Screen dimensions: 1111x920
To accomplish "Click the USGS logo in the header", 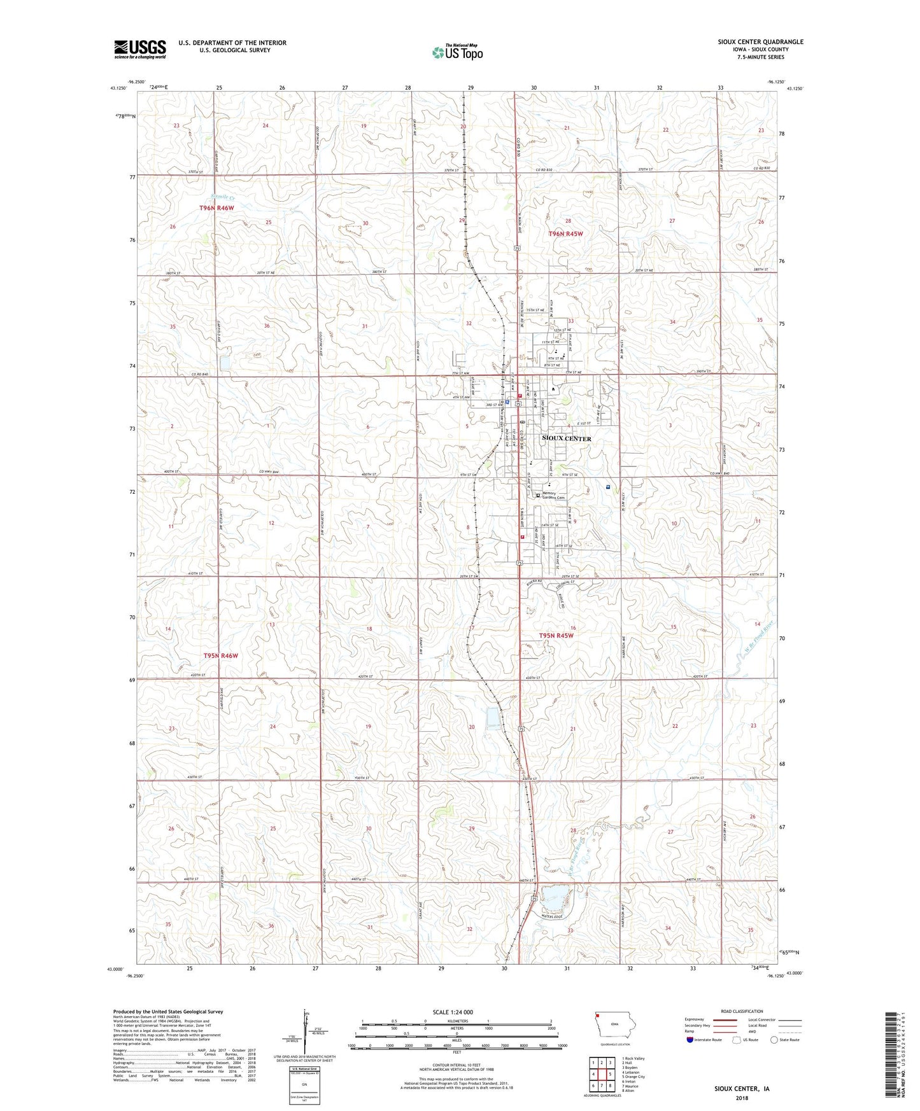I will click(140, 49).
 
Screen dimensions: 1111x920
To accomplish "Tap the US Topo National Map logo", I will click(458, 52).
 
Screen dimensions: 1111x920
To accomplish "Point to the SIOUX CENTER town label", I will click(566, 438).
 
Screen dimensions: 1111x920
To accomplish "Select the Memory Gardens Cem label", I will click(553, 496).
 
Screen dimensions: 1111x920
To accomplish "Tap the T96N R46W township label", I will click(216, 208).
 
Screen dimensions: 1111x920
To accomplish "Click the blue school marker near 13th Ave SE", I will click(608, 487).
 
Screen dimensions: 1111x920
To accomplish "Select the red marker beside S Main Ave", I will click(522, 536).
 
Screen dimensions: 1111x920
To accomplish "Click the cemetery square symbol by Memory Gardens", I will click(537, 495).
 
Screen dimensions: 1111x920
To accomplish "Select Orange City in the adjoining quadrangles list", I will click(633, 1077).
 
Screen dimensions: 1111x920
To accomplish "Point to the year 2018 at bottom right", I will click(742, 1098).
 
